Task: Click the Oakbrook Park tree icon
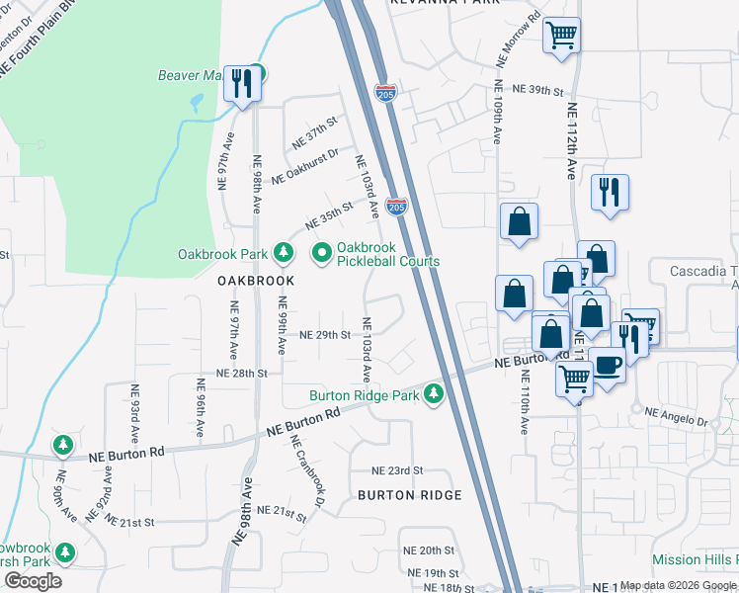284,254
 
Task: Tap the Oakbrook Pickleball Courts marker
321,254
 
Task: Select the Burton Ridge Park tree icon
433,395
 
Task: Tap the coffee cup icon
608,366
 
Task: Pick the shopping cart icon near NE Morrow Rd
561,37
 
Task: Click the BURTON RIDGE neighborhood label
409,495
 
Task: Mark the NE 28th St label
242,374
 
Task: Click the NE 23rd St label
397,470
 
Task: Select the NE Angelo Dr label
676,416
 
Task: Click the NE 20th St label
428,550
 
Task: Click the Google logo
33,581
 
